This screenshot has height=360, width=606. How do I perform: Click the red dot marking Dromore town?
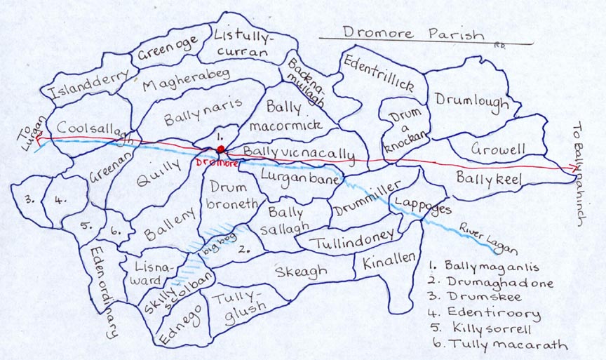point(220,149)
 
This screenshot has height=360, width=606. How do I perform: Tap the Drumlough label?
point(471,102)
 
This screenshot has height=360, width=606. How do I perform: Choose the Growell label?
point(499,149)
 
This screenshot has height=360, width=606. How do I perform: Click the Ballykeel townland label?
point(490,180)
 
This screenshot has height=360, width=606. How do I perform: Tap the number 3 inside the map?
point(29,199)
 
